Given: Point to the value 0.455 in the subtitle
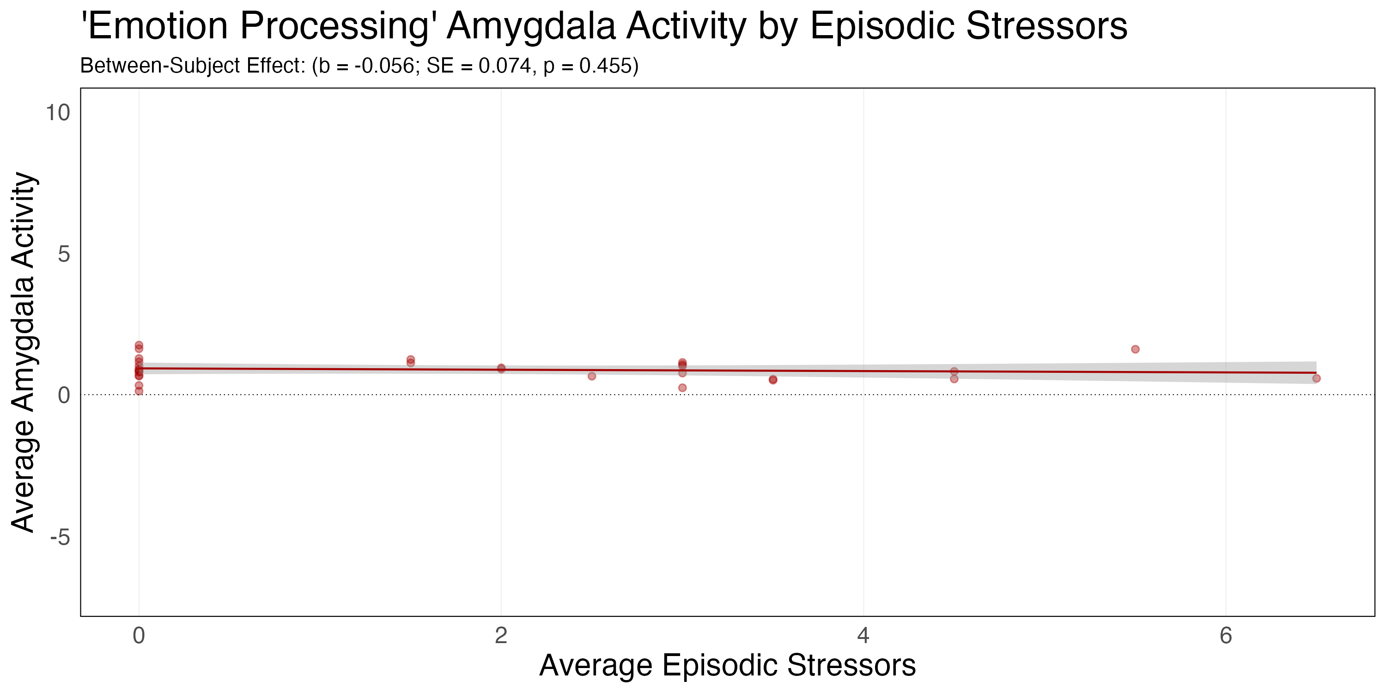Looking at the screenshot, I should [x=605, y=66].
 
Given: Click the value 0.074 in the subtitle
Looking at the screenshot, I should [x=505, y=66].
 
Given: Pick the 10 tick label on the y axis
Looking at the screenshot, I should [x=58, y=113].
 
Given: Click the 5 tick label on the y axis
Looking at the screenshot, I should [x=64, y=254].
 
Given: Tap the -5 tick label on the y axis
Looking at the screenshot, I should [x=60, y=537].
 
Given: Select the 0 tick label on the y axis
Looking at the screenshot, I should [x=64, y=395].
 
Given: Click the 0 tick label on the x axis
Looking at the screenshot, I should [x=139, y=636].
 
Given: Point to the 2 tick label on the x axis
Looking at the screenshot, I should [x=501, y=636].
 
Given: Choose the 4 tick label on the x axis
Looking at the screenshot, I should [x=863, y=636].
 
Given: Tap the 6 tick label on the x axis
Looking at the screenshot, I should [x=1226, y=636].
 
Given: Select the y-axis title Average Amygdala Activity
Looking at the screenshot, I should [x=24, y=353].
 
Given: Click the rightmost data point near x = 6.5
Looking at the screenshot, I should [x=1316, y=378].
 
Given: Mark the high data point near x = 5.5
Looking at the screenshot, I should [x=1135, y=349].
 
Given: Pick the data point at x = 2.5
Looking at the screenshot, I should [x=592, y=376].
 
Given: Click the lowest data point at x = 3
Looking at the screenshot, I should [x=682, y=388].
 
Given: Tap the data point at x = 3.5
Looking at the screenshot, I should [x=772, y=380].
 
